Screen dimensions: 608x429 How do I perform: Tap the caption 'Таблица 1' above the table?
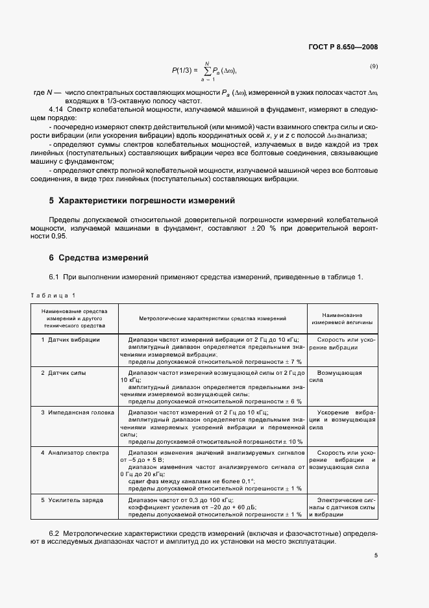pyautogui.click(x=53, y=296)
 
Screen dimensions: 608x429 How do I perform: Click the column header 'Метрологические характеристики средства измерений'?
pyautogui.click(x=212, y=318)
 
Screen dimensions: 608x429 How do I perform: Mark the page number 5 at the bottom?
pyautogui.click(x=375, y=555)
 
